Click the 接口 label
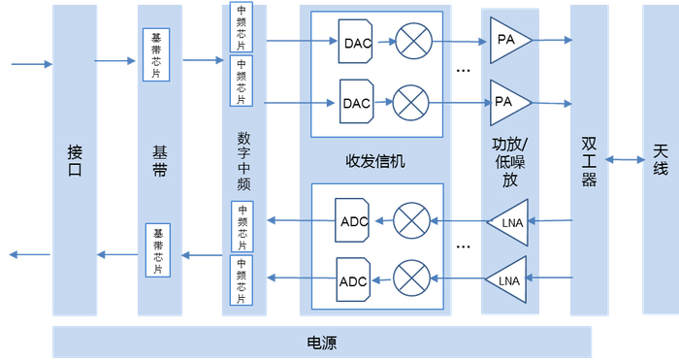pyautogui.click(x=75, y=160)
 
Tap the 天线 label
pyautogui.click(x=661, y=160)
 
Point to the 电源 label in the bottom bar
pyautogui.click(x=321, y=343)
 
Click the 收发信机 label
pyautogui.click(x=374, y=161)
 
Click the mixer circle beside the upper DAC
pyautogui.click(x=412, y=43)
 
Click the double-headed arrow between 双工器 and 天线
pyautogui.click(x=626, y=160)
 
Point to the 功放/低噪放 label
pyautogui.click(x=510, y=161)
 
